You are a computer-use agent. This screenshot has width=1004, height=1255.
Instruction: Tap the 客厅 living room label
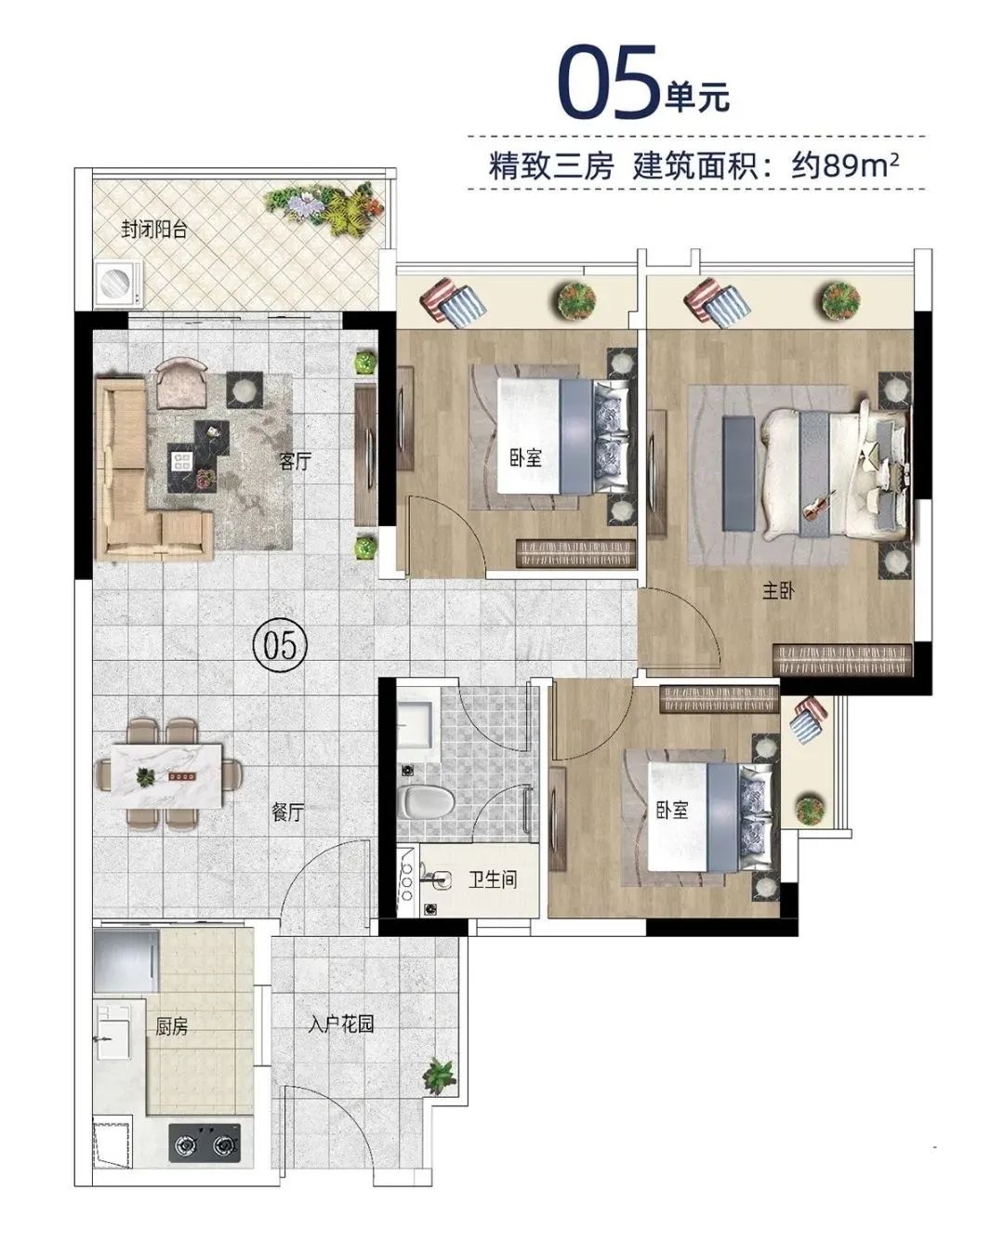point(296,460)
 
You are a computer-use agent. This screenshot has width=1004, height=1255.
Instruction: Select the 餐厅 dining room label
point(288,812)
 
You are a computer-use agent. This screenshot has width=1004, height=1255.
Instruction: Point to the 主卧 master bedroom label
point(778,590)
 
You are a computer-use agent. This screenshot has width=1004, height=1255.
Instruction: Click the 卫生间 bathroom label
point(492,878)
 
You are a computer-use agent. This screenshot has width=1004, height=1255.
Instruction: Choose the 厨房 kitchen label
point(172,1026)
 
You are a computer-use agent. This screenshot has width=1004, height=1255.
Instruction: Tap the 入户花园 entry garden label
point(341,1024)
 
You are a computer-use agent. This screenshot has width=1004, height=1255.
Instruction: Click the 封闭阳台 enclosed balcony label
point(154,230)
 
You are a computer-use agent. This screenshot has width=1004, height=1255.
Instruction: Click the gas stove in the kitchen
point(205,1143)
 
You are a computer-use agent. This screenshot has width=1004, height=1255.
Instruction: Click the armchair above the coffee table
point(186,383)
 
